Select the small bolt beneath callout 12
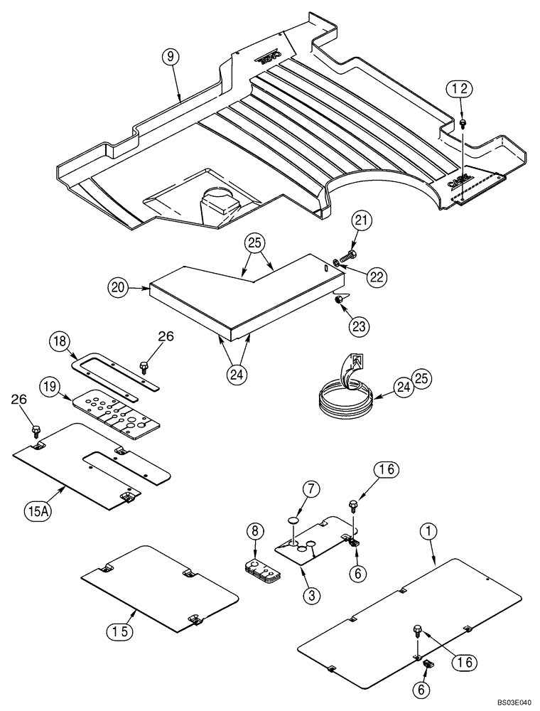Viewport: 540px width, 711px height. [463, 123]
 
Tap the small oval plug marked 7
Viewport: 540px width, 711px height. [293, 520]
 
